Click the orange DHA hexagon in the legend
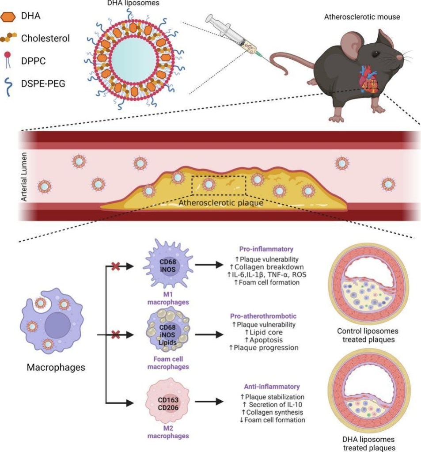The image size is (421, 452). coord(9,17)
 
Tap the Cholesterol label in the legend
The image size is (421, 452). coord(46,38)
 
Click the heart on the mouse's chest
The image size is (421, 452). coord(368,80)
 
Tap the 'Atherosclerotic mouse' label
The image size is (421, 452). coord(362,17)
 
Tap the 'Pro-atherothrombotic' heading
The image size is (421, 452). coord(263,316)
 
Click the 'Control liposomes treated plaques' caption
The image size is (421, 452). coord(368,335)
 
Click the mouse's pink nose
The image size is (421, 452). coord(400,58)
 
